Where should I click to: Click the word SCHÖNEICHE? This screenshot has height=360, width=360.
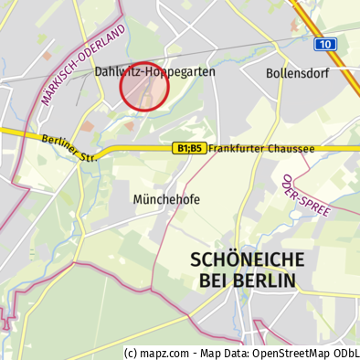click(x=243, y=259)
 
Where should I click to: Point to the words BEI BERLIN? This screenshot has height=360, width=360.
click(x=243, y=281)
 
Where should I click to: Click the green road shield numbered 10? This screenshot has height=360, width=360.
click(x=325, y=44)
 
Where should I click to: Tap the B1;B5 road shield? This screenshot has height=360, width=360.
click(x=188, y=148)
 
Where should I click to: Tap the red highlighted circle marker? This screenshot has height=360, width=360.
click(x=144, y=87)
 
